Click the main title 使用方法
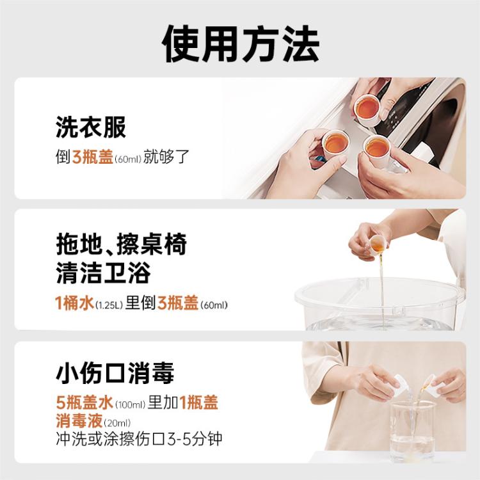pyautogui.click(x=240, y=44)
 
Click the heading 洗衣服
pyautogui.click(x=91, y=127)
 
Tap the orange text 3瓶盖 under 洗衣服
pyautogui.click(x=93, y=157)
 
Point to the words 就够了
pyautogui.click(x=166, y=157)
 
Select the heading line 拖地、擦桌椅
pyautogui.click(x=122, y=245)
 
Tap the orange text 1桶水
pyautogui.click(x=74, y=303)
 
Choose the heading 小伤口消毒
pyautogui.click(x=115, y=373)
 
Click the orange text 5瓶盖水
pyautogui.click(x=84, y=403)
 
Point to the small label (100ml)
pyautogui.click(x=130, y=404)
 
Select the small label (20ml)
pyautogui.click(x=116, y=423)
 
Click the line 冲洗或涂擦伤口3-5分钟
pyautogui.click(x=137, y=440)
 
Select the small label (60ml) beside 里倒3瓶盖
pyautogui.click(x=214, y=305)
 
